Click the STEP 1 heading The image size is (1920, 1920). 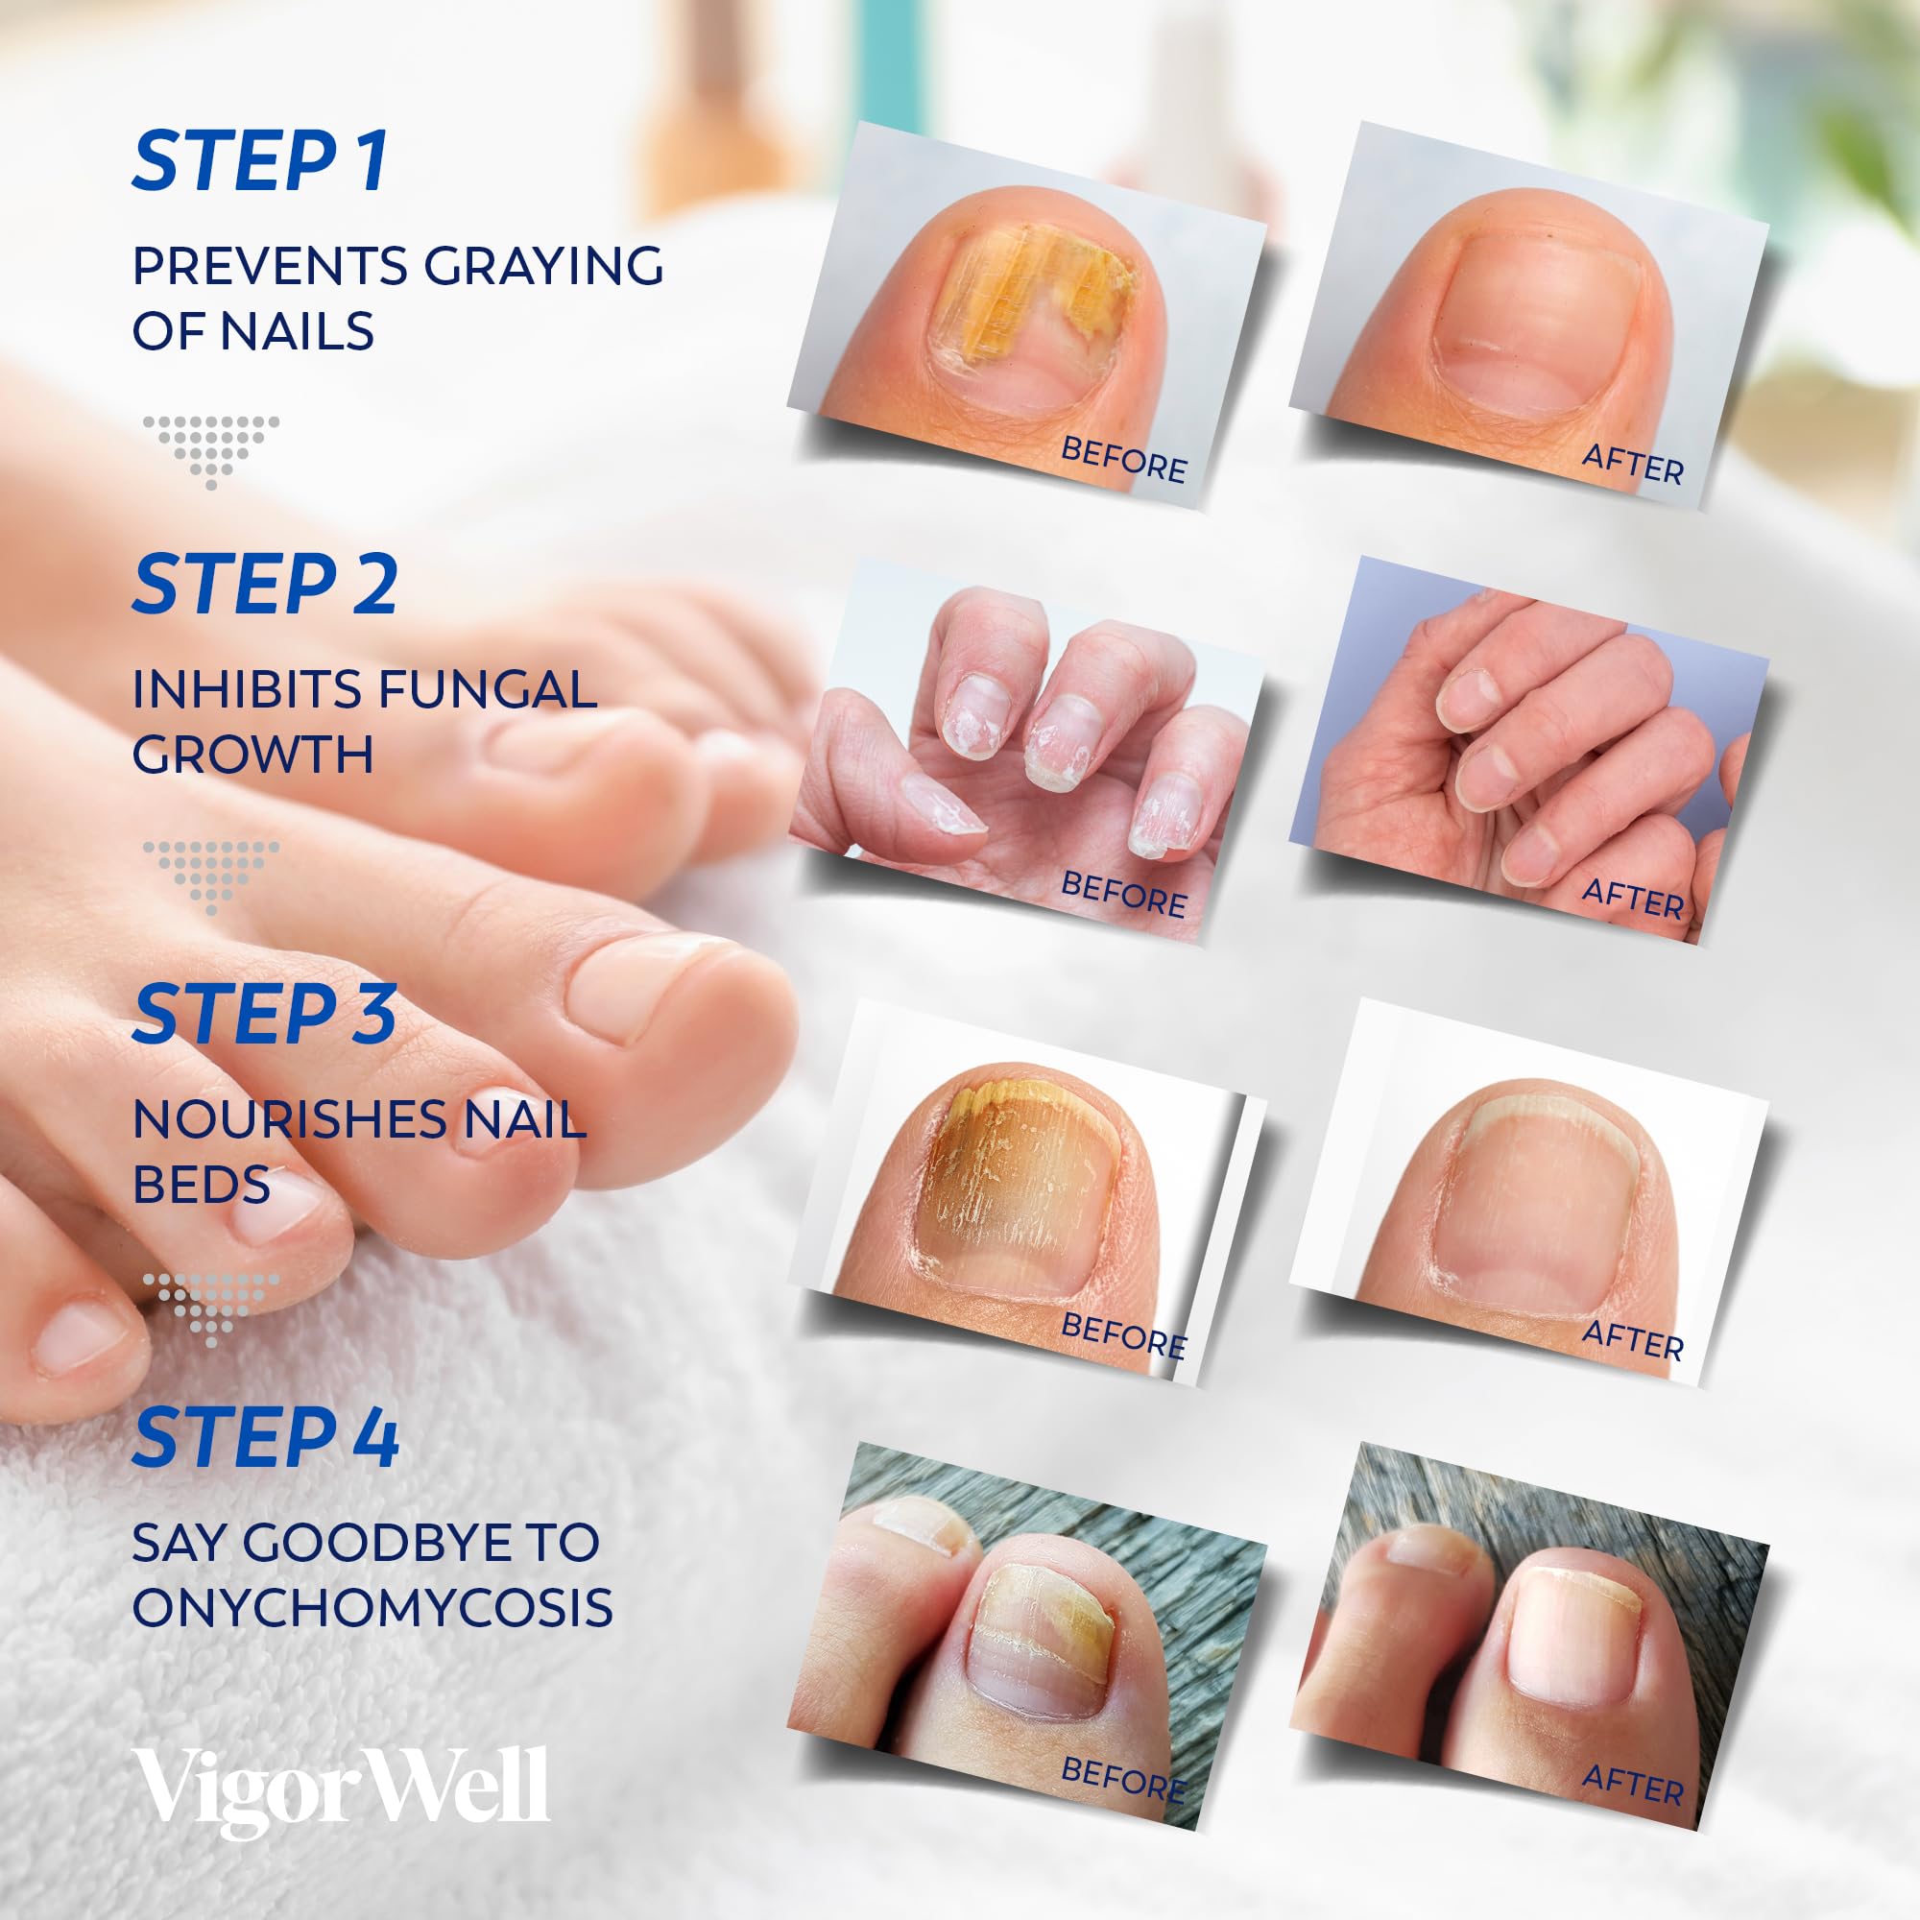[260, 161]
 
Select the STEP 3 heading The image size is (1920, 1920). [264, 1015]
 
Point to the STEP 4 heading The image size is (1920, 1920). [265, 1438]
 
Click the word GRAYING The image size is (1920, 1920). [543, 266]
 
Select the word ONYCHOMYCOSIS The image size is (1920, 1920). [372, 1607]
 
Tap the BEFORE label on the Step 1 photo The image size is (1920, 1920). [1124, 460]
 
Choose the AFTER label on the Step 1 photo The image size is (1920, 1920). [1632, 464]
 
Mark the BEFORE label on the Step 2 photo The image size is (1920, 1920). [1124, 894]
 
